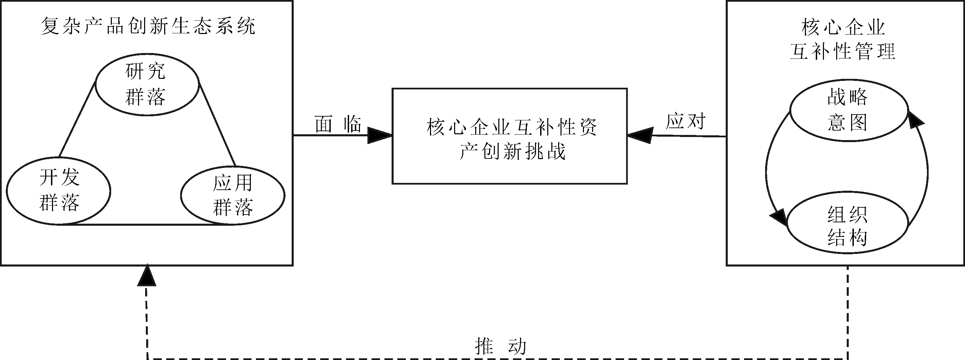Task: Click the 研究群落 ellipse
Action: point(147,85)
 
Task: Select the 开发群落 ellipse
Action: point(59,191)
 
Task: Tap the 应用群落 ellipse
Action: point(232,195)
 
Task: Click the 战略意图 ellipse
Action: point(848,110)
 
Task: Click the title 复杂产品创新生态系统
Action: point(148,26)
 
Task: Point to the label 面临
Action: point(338,124)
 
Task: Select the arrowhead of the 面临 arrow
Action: point(379,135)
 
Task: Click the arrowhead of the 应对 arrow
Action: point(640,135)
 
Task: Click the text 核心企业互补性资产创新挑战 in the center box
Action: point(511,139)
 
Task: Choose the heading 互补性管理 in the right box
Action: point(843,51)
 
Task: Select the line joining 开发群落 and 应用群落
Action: point(146,224)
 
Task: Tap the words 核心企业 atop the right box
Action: point(843,27)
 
